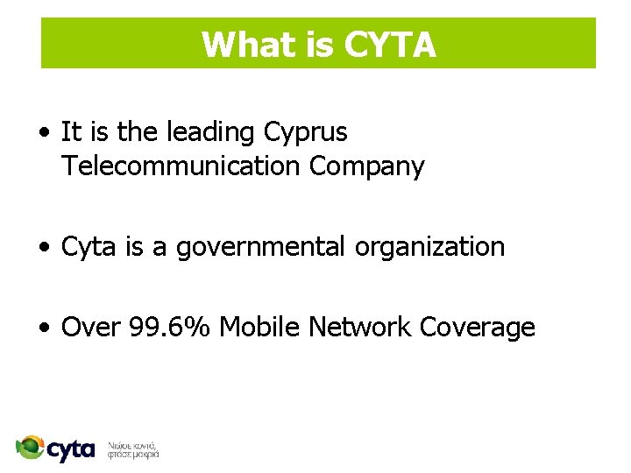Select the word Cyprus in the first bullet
[305, 132]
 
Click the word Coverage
[477, 328]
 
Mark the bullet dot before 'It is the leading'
[44, 134]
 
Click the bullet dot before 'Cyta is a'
[44, 249]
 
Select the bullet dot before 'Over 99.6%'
[44, 329]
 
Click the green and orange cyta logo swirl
[31, 448]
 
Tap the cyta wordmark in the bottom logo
[71, 450]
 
